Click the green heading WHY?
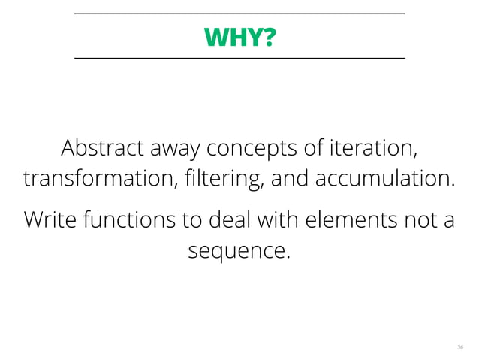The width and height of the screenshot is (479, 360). pos(239,35)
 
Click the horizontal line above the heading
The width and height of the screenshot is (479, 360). pos(239,14)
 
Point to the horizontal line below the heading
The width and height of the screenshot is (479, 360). pos(239,57)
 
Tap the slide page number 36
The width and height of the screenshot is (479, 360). pos(459,347)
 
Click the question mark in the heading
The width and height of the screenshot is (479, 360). pos(269,35)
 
